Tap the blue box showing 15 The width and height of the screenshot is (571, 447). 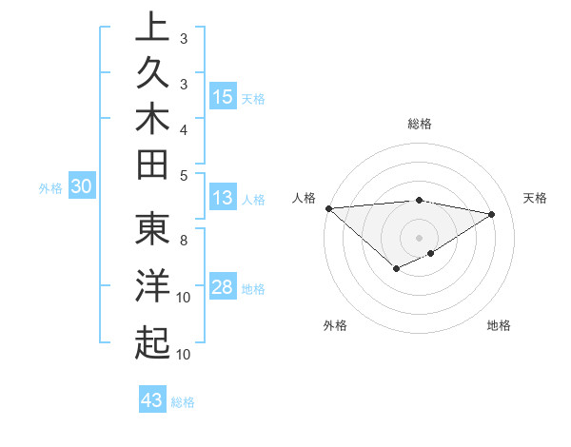click(x=223, y=97)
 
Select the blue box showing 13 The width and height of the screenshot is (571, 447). click(x=223, y=199)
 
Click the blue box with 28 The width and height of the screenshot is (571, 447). click(x=223, y=288)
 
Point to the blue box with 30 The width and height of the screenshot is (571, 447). click(x=81, y=187)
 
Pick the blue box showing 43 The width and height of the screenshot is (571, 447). click(x=152, y=400)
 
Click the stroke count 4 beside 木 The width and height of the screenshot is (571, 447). click(x=184, y=129)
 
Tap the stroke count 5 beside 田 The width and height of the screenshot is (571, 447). click(x=184, y=174)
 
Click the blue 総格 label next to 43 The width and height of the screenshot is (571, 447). click(x=183, y=402)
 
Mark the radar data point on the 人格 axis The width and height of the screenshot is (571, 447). click(x=328, y=208)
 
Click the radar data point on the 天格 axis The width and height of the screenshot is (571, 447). click(x=492, y=214)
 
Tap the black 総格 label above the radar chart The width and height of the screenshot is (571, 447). click(x=420, y=124)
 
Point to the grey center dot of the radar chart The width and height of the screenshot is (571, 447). click(x=419, y=237)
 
